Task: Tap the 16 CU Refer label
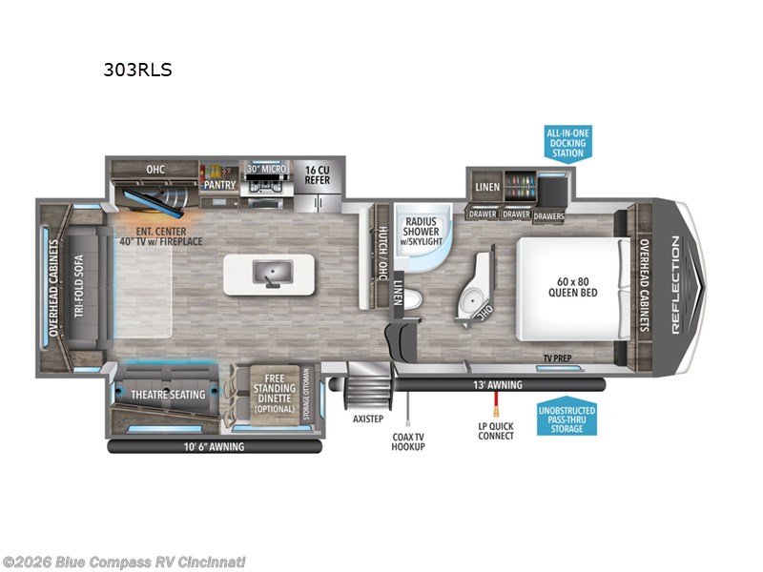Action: (x=318, y=174)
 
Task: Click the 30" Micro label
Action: (x=266, y=170)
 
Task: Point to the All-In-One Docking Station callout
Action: (x=567, y=142)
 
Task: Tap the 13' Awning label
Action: (x=496, y=385)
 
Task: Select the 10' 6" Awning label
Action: (x=214, y=446)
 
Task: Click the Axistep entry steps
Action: (x=366, y=390)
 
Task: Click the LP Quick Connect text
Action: (x=496, y=431)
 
